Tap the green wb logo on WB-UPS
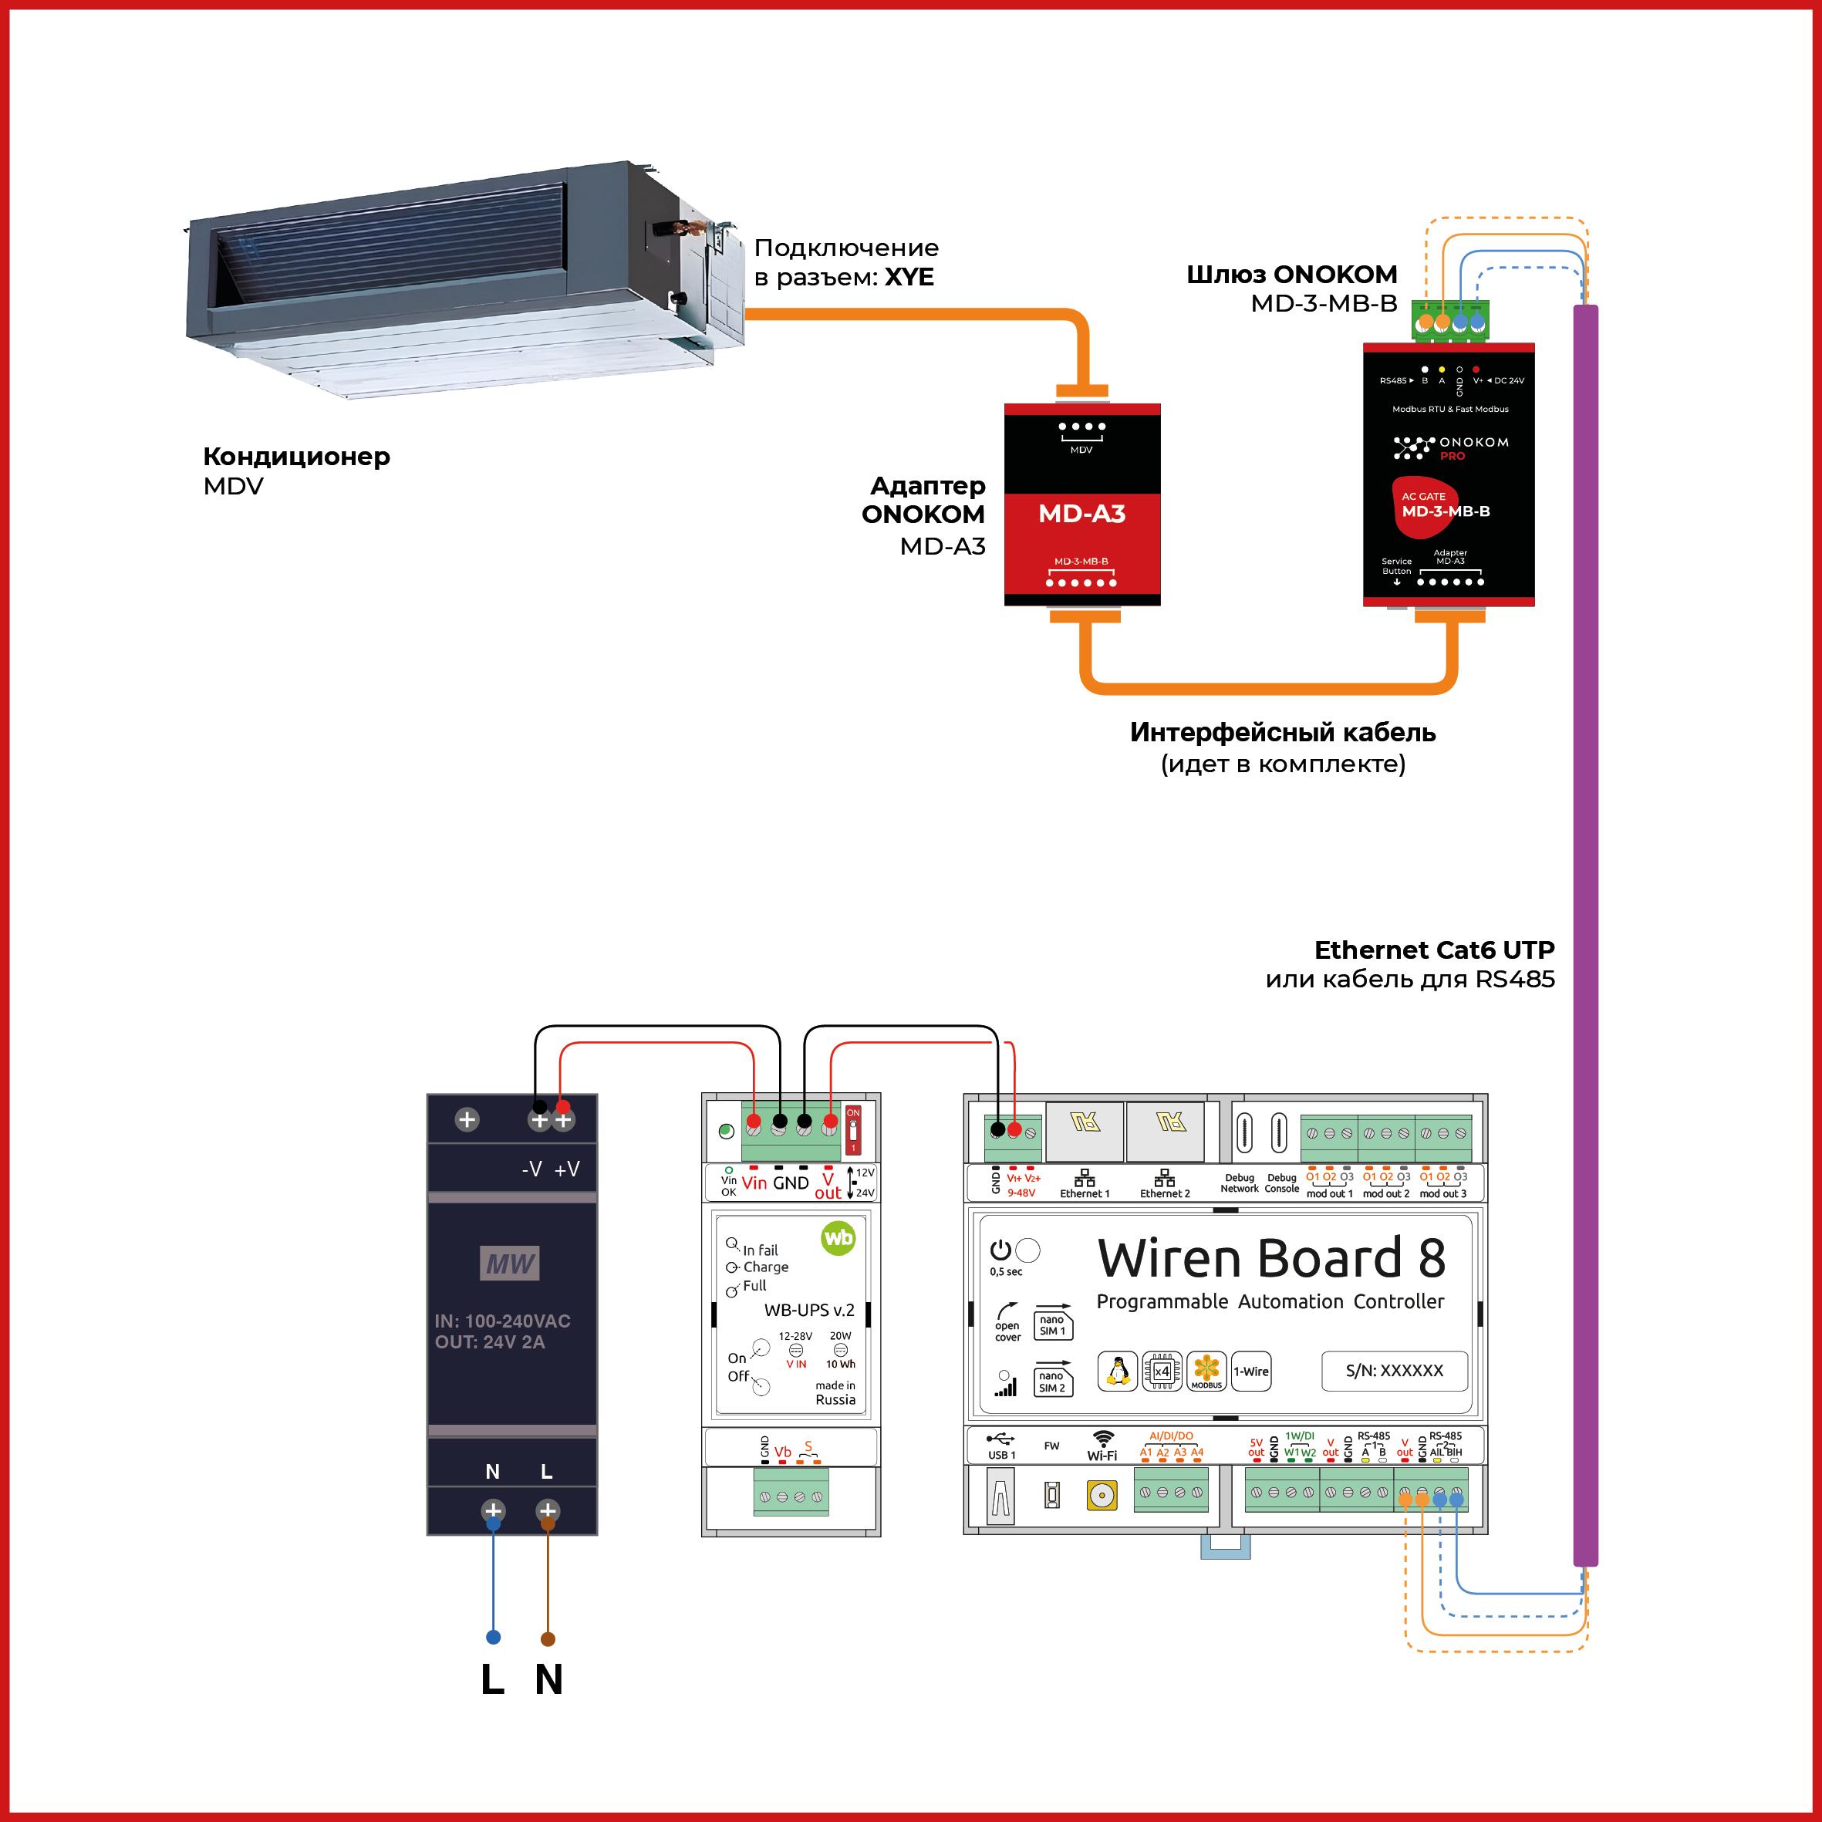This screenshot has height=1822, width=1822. click(838, 1237)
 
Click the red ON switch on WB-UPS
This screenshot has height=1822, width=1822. click(852, 1130)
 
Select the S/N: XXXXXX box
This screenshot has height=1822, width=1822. click(1394, 1370)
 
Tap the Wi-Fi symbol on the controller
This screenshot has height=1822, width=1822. click(1102, 1438)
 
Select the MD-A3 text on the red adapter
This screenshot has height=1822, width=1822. click(1081, 514)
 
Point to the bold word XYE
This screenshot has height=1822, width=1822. click(909, 277)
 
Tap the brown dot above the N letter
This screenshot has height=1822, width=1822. click(548, 1639)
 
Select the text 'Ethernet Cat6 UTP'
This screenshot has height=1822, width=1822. click(1433, 950)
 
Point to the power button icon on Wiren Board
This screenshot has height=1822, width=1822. click(1000, 1250)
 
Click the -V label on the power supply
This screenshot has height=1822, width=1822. click(532, 1169)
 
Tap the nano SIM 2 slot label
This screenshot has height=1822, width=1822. click(1052, 1382)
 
